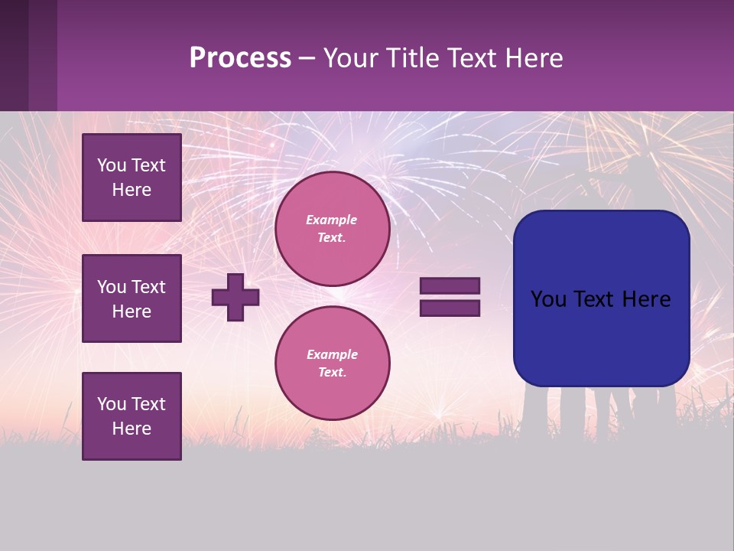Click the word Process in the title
(x=240, y=58)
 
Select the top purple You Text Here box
(x=132, y=178)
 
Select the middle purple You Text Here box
(x=132, y=298)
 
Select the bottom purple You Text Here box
(x=132, y=416)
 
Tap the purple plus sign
(x=235, y=297)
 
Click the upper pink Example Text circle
(x=332, y=229)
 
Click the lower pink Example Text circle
(x=332, y=364)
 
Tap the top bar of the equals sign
(x=450, y=286)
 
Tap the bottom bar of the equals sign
(x=450, y=308)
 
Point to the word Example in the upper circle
(x=332, y=220)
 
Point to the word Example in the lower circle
(x=332, y=355)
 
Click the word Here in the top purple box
(x=132, y=191)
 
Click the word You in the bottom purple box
(x=112, y=404)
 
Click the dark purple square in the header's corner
(x=28, y=55)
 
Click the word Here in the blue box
(x=646, y=299)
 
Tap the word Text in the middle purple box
(x=149, y=287)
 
